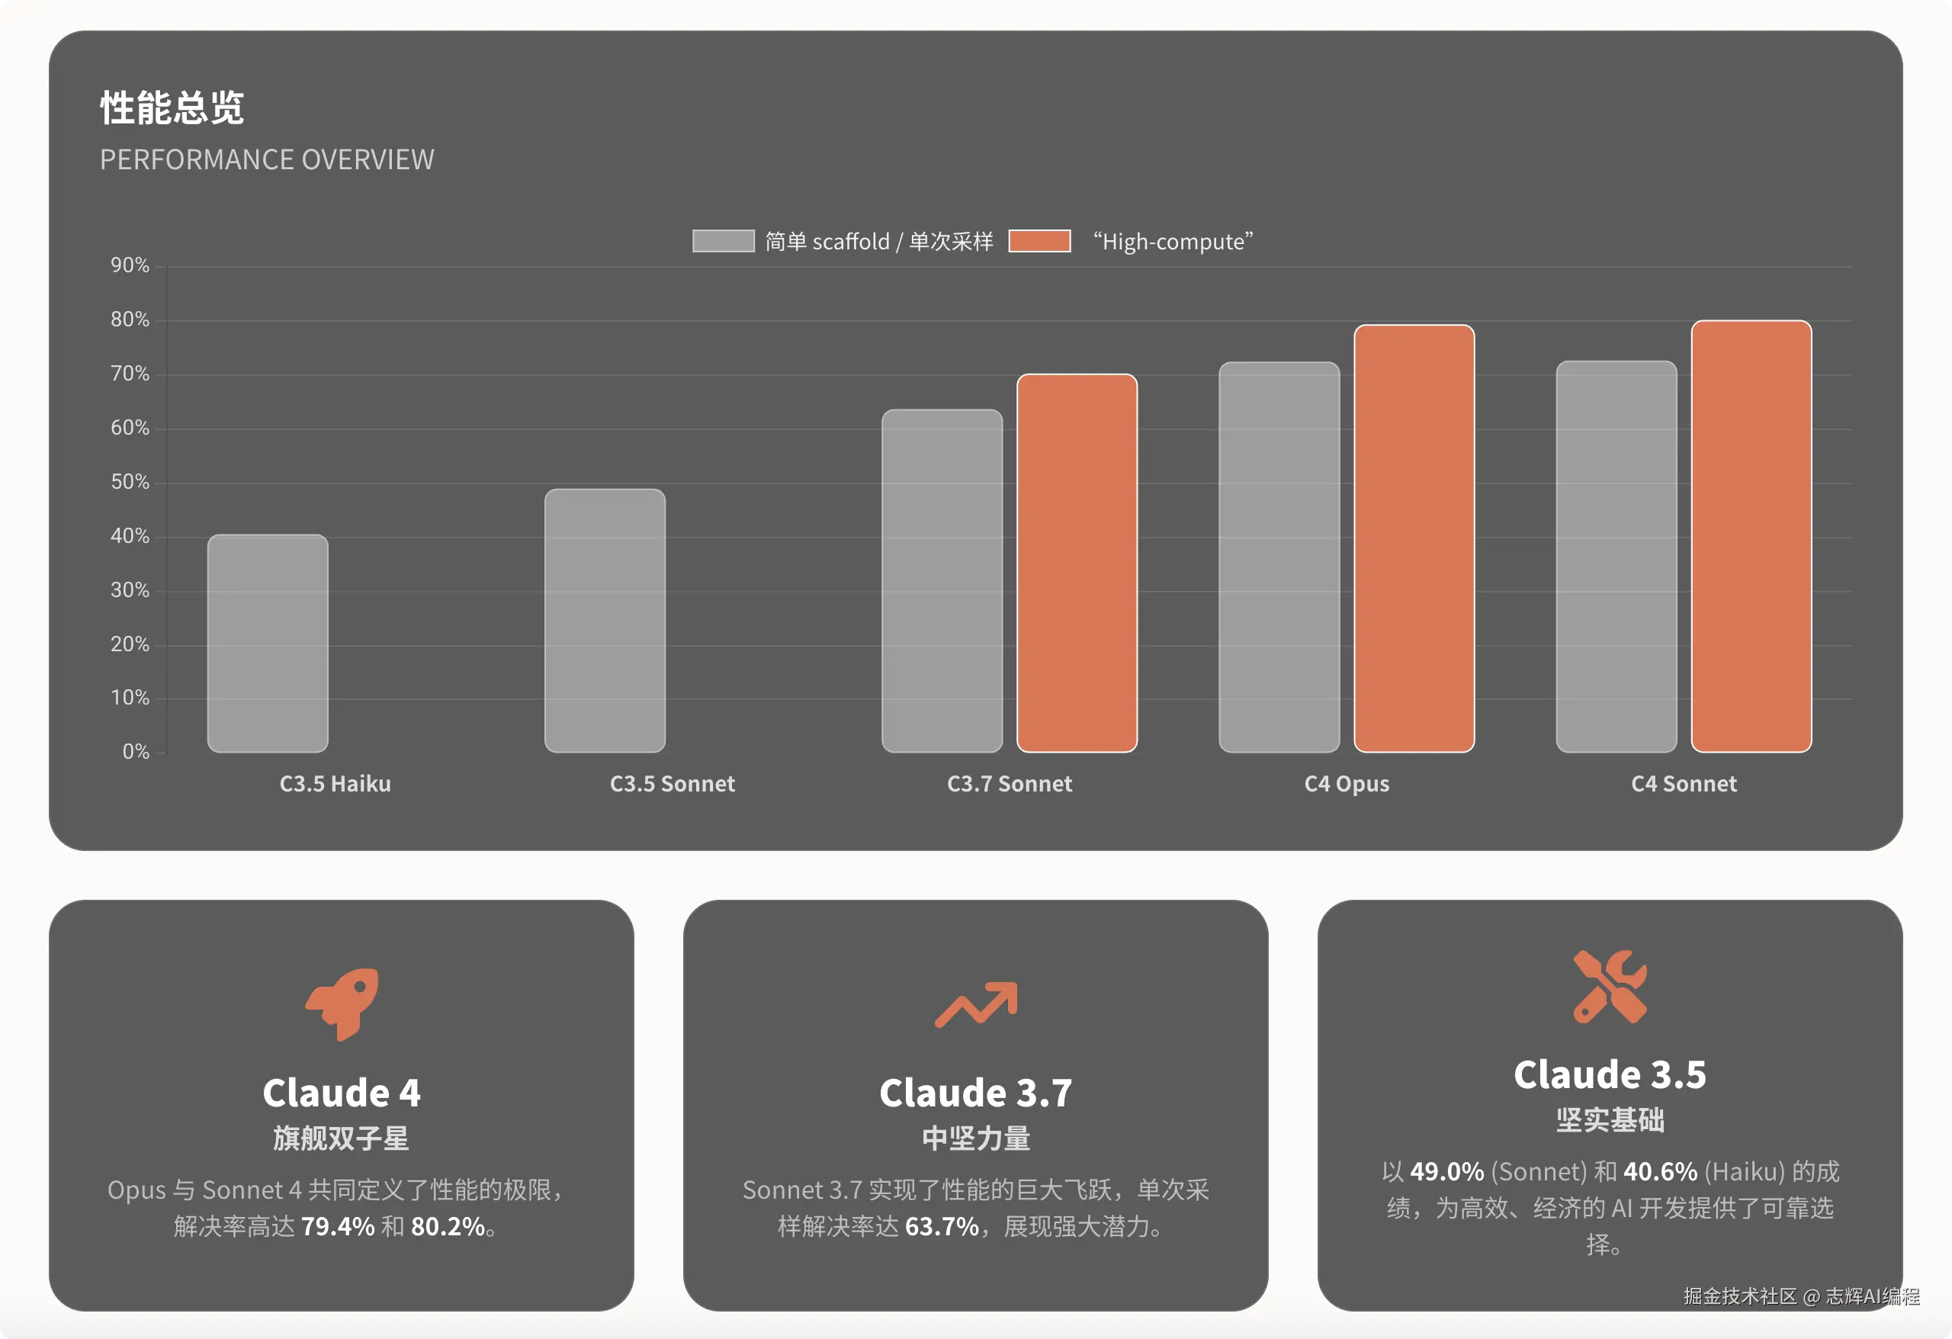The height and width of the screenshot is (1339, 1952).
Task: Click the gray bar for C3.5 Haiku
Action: click(268, 644)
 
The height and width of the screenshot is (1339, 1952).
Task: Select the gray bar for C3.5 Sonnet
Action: click(605, 621)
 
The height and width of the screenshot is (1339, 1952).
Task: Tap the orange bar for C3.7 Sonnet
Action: click(1077, 563)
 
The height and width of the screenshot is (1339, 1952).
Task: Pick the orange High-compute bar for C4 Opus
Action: click(1414, 538)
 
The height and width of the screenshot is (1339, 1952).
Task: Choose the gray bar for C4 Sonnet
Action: click(1616, 556)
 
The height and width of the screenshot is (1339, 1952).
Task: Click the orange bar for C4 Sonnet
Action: click(1751, 536)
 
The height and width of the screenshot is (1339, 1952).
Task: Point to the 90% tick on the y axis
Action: click(130, 265)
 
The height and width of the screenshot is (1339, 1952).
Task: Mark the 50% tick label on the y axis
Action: click(130, 482)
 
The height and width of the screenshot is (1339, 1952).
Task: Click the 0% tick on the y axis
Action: click(136, 752)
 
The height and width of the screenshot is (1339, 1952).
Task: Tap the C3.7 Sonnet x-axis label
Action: click(1010, 784)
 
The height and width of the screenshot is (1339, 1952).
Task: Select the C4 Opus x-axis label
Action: click(1347, 784)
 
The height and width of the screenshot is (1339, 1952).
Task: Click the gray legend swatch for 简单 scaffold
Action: click(723, 241)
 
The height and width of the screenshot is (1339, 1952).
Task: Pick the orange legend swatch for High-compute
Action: click(1040, 241)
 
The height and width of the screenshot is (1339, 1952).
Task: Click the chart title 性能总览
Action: click(172, 108)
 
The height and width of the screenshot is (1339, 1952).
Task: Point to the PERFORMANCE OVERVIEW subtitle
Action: click(267, 159)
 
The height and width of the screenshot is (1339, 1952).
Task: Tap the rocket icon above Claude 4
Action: click(342, 1003)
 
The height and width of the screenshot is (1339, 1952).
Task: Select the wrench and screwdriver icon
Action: click(1610, 986)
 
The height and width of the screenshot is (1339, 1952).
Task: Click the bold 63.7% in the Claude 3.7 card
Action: click(942, 1226)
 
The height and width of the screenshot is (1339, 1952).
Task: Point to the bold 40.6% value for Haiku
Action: click(1661, 1171)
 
